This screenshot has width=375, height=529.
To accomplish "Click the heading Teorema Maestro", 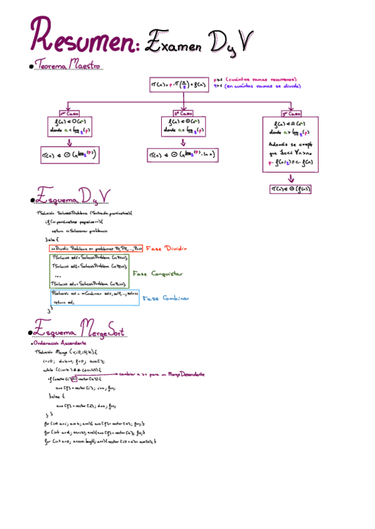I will (69, 65).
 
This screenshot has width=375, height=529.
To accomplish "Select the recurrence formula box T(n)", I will (179, 84).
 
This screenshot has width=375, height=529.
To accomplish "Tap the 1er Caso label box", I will (70, 113).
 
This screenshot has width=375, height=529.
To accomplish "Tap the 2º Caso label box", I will (181, 113).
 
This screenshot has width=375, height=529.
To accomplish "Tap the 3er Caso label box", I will (290, 114).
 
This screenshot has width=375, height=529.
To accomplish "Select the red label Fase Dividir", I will (167, 248).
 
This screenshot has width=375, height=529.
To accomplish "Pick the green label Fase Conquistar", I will (157, 273).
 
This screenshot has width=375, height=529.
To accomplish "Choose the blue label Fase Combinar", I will (165, 298).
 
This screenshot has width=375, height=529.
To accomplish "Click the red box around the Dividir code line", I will (96, 248).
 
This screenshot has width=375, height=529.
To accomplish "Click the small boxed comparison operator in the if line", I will (74, 379).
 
